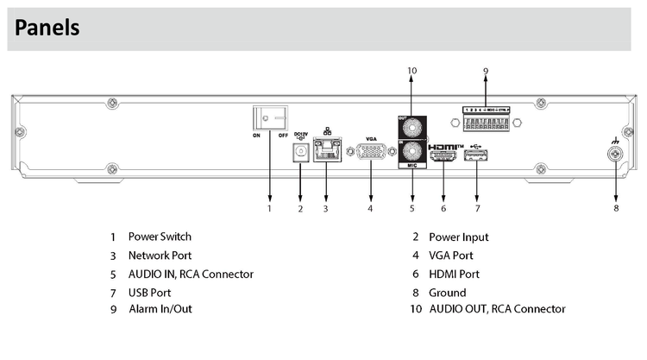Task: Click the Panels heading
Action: point(47,28)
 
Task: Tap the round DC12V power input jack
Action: point(300,152)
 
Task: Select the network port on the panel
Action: point(326,152)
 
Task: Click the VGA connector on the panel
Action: point(371,152)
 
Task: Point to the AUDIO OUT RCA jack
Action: point(411,127)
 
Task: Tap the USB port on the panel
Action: point(477,155)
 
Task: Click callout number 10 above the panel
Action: point(411,70)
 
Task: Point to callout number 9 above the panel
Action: point(486,70)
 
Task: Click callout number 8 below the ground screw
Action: point(616,208)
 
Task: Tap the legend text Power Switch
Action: point(160,236)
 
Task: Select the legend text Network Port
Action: point(160,255)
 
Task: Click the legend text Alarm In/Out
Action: point(159,308)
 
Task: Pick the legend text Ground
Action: point(447,293)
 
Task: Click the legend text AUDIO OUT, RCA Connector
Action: point(497,308)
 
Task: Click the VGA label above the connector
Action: point(371,138)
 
